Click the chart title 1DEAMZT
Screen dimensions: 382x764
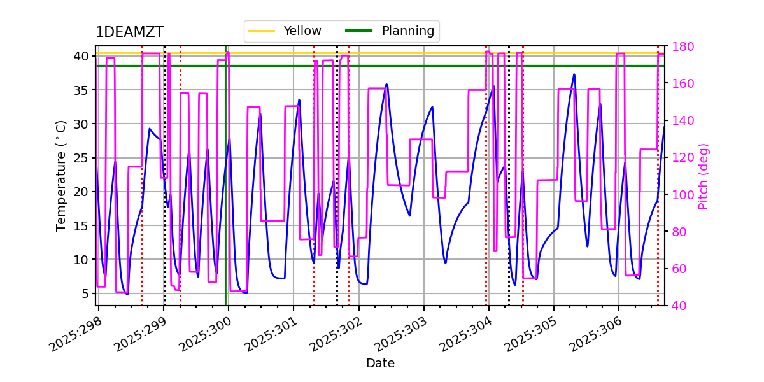pyautogui.click(x=129, y=32)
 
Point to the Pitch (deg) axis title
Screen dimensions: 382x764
pyautogui.click(x=704, y=176)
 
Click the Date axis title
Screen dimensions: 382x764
pyautogui.click(x=380, y=364)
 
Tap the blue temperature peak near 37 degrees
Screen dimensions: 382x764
pyautogui.click(x=574, y=74)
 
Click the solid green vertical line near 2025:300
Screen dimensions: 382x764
pyautogui.click(x=226, y=191)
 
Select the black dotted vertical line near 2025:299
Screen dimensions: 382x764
pyautogui.click(x=165, y=191)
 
